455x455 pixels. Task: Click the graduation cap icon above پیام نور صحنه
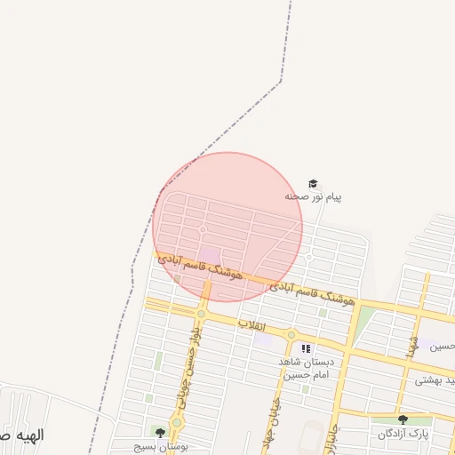pos(312,183)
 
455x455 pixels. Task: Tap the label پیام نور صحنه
pos(313,196)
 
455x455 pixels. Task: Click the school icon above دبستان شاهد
pos(307,349)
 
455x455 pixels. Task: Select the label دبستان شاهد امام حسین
pos(305,369)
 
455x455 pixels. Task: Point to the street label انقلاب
pos(253,325)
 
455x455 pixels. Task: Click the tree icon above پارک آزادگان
pos(403,419)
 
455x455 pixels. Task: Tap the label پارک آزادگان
pos(403,434)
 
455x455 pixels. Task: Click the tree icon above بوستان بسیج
pos(160,433)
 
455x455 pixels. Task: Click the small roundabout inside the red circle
pos(203,230)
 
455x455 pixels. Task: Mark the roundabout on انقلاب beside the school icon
pos(291,335)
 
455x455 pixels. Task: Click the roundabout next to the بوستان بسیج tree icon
pos(177,422)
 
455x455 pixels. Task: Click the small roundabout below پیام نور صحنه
pos(308,257)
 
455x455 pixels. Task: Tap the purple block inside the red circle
pos(210,257)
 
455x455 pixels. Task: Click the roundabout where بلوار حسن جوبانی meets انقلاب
pos(202,314)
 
